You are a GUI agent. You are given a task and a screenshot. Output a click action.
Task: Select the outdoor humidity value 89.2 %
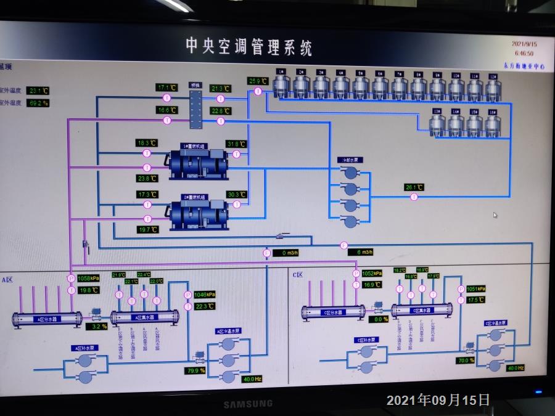(39, 103)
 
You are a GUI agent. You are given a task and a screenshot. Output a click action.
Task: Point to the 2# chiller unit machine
(196, 213)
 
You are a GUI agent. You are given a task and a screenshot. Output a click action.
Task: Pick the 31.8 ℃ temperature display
(236, 144)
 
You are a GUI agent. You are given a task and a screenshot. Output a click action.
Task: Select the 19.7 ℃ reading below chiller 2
(147, 229)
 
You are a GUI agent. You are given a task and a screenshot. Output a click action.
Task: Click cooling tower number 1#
(281, 85)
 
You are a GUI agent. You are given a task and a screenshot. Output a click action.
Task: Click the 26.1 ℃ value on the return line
(414, 187)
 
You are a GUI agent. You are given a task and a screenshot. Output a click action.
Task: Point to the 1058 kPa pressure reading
(88, 279)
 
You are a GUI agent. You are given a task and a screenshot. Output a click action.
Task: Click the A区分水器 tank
(47, 319)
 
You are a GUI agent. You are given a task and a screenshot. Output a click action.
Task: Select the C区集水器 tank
(422, 311)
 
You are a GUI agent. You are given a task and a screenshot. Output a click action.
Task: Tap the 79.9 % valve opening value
(195, 370)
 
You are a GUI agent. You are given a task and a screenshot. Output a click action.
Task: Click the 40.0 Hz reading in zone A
(252, 378)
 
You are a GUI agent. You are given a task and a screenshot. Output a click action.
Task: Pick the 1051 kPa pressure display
(475, 288)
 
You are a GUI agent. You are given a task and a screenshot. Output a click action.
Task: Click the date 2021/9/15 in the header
(524, 44)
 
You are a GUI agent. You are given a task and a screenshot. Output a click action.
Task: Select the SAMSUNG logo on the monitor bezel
(247, 404)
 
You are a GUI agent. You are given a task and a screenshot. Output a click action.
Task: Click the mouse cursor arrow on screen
(495, 215)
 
